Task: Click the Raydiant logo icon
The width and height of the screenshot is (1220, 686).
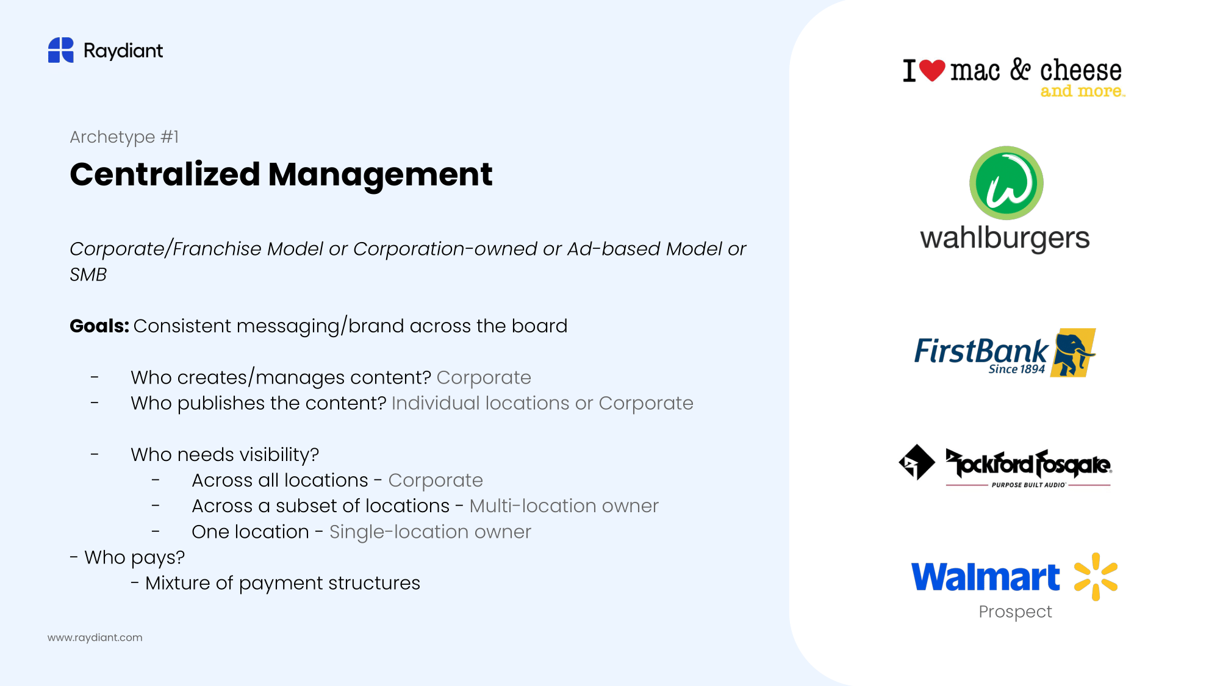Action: coord(61,50)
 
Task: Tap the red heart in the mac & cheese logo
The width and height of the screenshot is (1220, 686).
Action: coord(932,71)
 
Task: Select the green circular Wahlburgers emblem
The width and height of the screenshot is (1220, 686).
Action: coord(1006,183)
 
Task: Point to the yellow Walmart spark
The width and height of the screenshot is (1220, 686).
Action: coord(1096,577)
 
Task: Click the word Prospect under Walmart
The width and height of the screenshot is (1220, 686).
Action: coord(1015,612)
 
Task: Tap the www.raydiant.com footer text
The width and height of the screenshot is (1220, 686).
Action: coord(95,638)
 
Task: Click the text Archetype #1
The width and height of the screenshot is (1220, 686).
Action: coord(124,137)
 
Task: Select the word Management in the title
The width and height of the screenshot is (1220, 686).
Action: coord(380,174)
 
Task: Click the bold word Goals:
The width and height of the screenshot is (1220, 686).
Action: coord(99,326)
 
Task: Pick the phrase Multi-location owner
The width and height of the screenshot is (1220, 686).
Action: coord(564,506)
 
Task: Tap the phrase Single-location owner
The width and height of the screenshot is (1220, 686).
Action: coord(430,532)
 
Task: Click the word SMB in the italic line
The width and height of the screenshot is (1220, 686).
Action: coord(88,275)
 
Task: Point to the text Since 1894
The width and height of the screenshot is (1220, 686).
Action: coord(1016,370)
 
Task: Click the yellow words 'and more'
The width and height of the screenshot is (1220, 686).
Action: coord(1083,91)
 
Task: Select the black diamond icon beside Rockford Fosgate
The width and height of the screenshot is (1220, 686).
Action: coord(917,462)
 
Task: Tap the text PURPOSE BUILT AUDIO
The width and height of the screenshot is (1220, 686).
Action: coord(1028,485)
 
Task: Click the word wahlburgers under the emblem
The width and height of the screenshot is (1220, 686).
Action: coord(1005,238)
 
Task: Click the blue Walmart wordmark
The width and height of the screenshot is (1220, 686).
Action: coord(986,577)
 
